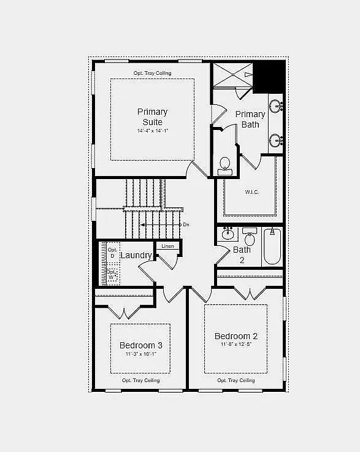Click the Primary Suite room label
pyautogui.click(x=152, y=117)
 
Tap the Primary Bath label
pyautogui.click(x=250, y=119)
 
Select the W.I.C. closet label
pyautogui.click(x=251, y=192)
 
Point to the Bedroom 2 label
pyautogui.click(x=236, y=336)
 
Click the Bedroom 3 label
pyautogui.click(x=141, y=346)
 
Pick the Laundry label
pyautogui.click(x=136, y=255)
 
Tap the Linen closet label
pyautogui.click(x=167, y=246)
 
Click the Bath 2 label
pyautogui.click(x=242, y=255)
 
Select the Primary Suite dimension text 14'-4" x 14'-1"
pyautogui.click(x=152, y=131)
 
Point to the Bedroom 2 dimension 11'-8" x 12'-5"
pyautogui.click(x=236, y=345)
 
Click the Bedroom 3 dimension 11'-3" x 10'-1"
pyautogui.click(x=141, y=354)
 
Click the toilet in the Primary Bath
pyautogui.click(x=225, y=164)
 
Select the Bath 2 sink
pyautogui.click(x=228, y=234)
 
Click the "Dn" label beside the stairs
pyautogui.click(x=186, y=224)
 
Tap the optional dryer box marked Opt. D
pyautogui.click(x=112, y=253)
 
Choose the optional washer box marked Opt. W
pyautogui.click(x=112, y=274)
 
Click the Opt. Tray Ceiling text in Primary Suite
pyautogui.click(x=152, y=74)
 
